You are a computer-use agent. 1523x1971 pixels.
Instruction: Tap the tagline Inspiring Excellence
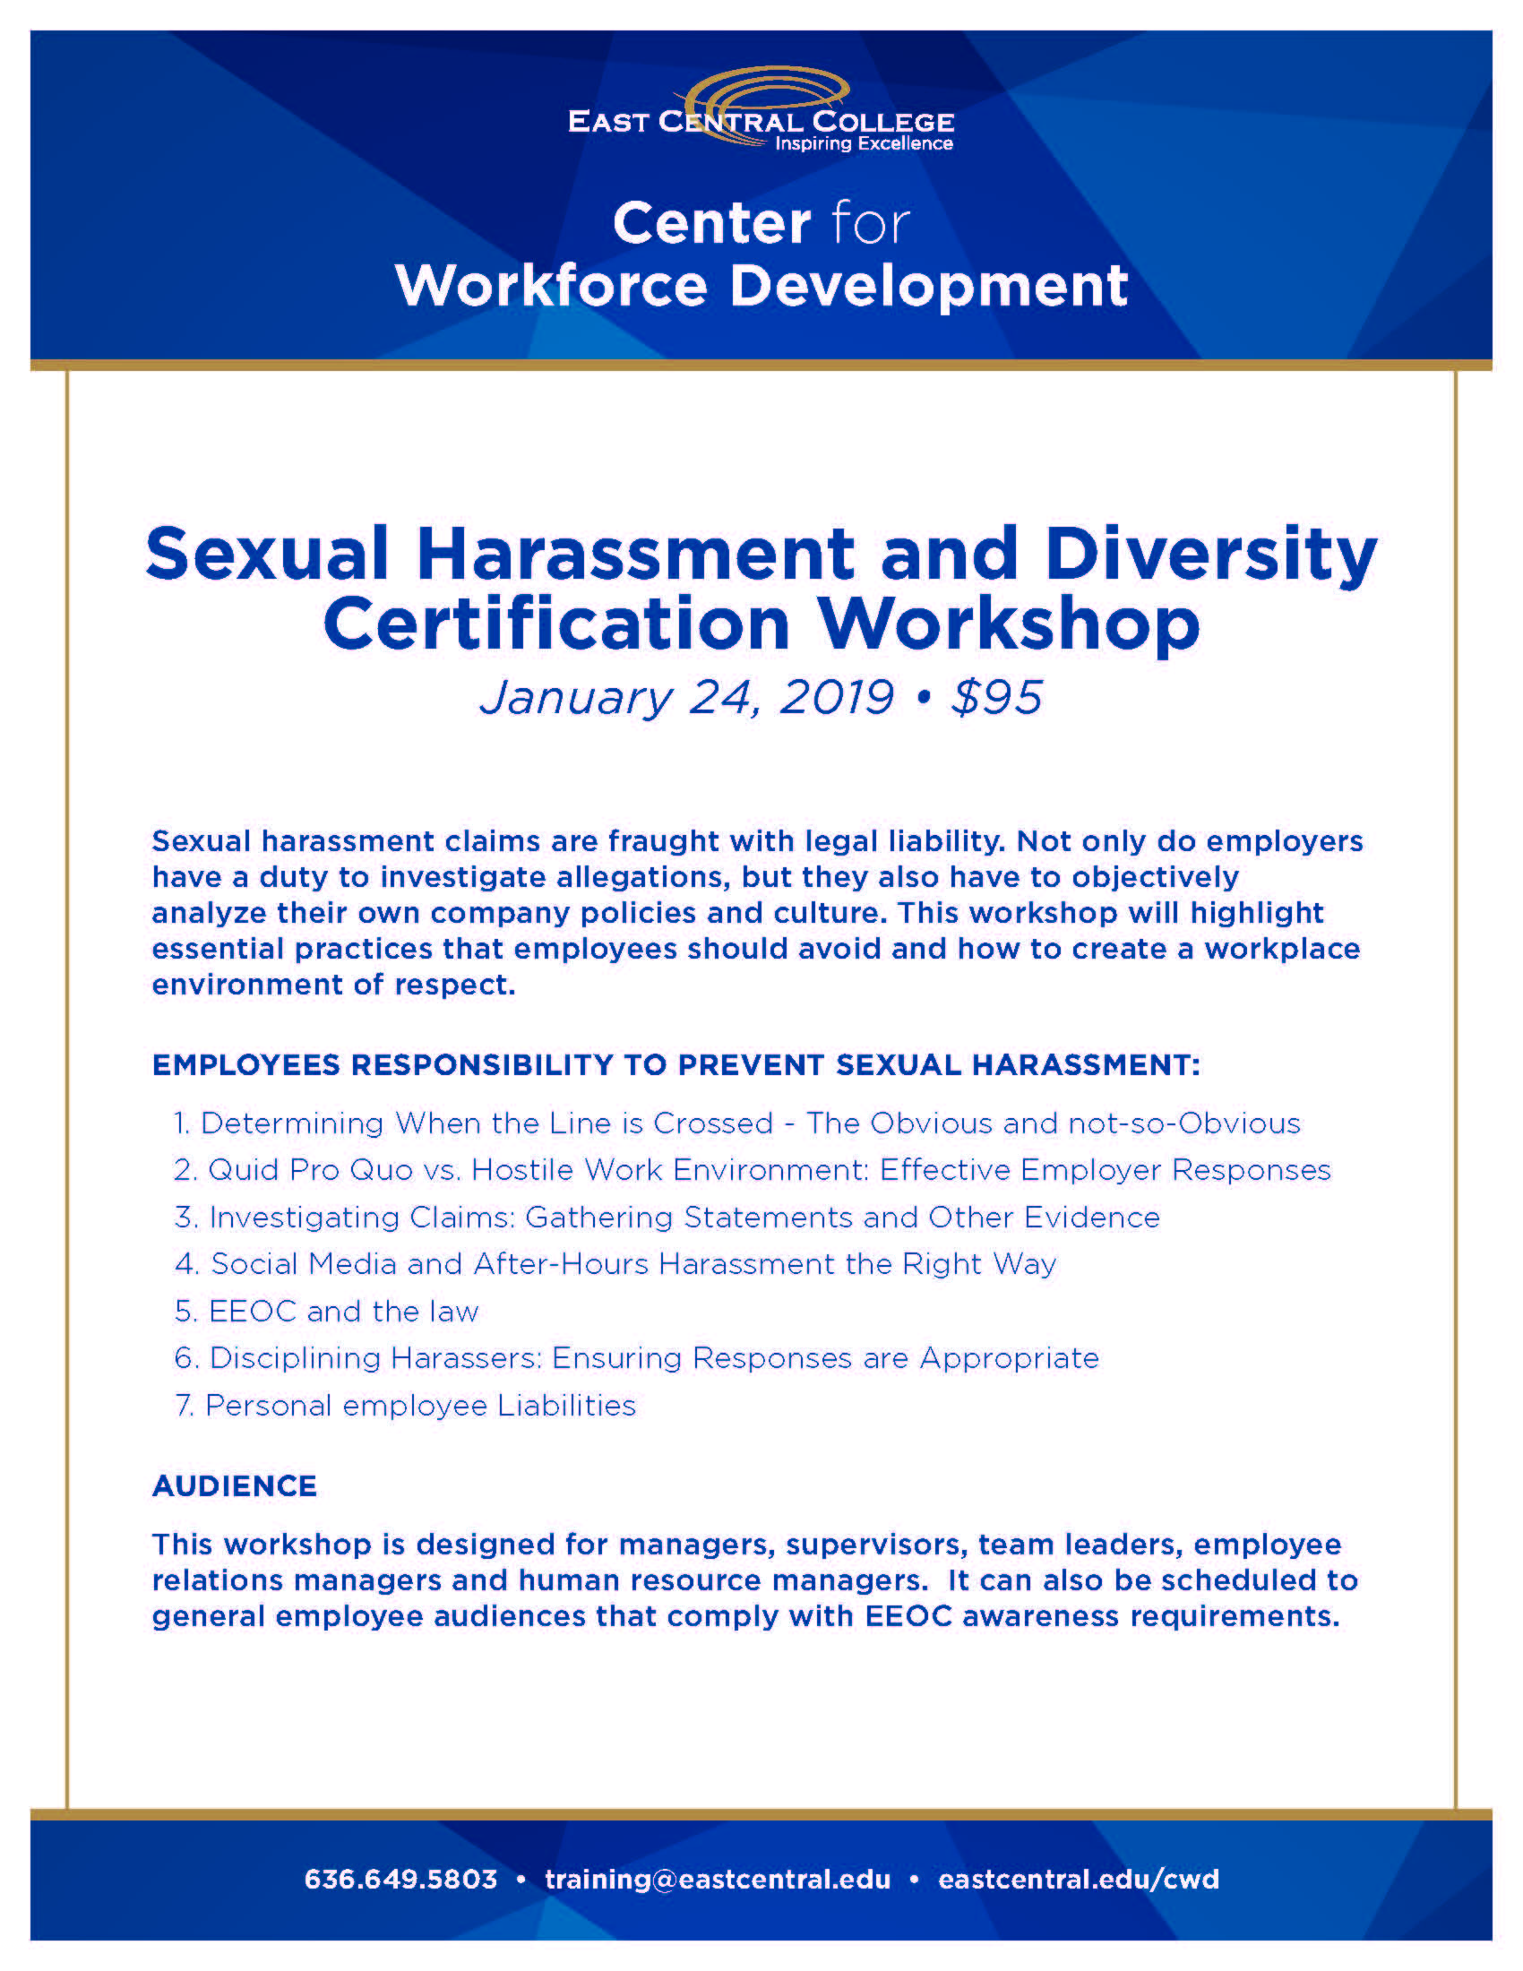tap(864, 143)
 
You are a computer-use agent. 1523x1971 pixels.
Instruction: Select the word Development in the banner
tap(928, 287)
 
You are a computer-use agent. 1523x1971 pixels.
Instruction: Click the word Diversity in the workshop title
tap(1211, 554)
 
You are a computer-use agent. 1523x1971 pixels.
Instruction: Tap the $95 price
tap(997, 698)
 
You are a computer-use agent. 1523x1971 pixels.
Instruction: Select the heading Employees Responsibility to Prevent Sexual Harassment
tap(675, 1065)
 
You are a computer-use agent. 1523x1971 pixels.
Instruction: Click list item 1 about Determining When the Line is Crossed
tap(737, 1123)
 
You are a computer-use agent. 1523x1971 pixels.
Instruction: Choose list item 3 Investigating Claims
tap(667, 1218)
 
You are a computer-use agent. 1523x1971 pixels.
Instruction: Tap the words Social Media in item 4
tap(304, 1264)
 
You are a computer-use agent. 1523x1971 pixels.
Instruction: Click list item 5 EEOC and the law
tap(326, 1312)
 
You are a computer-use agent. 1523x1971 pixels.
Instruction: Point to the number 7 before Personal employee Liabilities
tap(184, 1406)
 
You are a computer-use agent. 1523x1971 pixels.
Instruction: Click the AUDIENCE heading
tap(235, 1486)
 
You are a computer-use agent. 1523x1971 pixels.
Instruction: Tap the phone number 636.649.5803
tap(400, 1880)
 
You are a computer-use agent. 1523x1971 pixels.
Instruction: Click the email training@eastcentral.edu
tap(718, 1880)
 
